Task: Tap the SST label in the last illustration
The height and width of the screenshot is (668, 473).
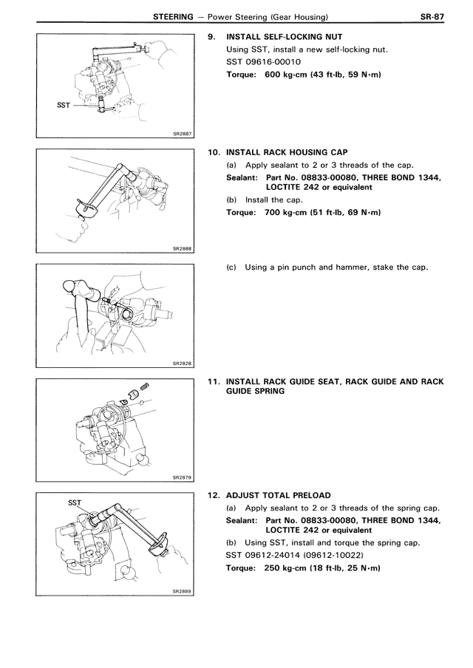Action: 74,502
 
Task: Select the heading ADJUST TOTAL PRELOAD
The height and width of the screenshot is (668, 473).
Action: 278,494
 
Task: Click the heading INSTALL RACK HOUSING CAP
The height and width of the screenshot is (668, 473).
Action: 283,151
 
